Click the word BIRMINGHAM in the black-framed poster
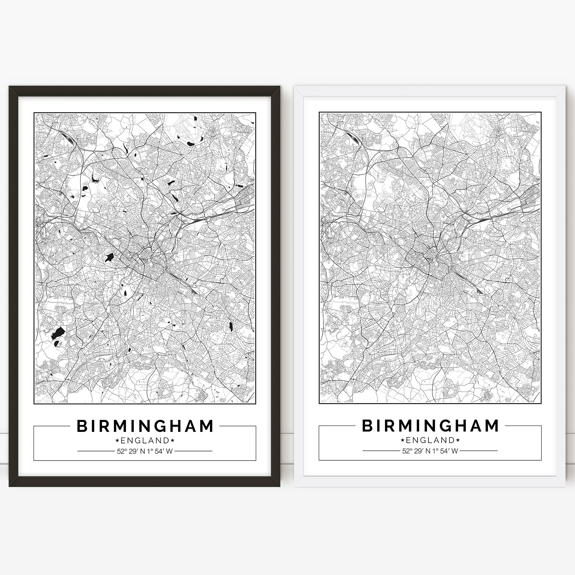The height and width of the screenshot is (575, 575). click(x=145, y=426)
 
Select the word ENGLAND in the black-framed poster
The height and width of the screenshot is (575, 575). click(x=145, y=440)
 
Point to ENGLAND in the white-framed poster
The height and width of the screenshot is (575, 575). click(x=430, y=440)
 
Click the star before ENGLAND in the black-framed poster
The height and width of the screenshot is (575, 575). click(x=117, y=440)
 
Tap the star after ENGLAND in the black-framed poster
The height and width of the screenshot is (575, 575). click(x=172, y=440)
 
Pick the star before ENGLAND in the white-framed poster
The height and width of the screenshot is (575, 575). click(x=403, y=440)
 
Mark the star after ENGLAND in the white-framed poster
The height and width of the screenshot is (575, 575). click(x=458, y=440)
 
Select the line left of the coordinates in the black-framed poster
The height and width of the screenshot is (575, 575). click(x=96, y=451)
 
